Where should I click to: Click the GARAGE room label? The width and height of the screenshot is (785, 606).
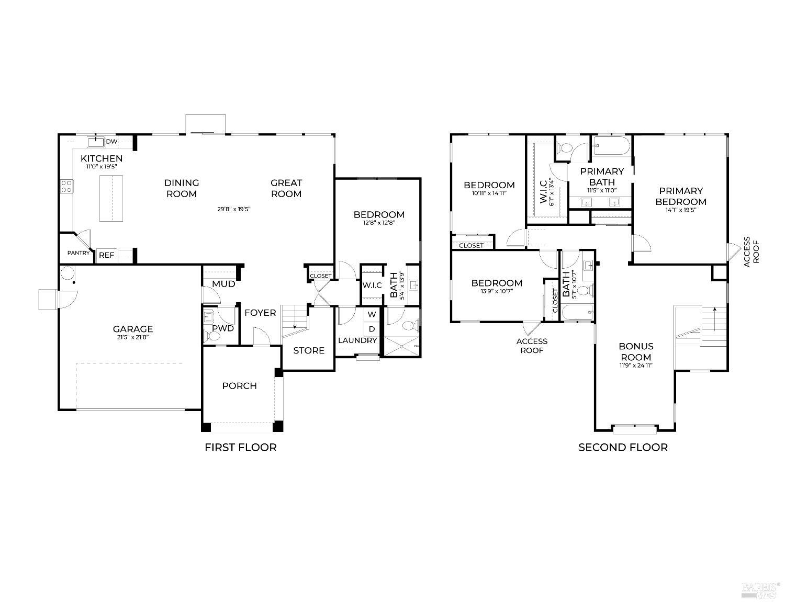[x=133, y=329]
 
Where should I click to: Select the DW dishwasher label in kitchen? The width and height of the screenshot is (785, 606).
[x=111, y=142]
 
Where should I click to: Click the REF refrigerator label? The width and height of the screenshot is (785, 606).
[x=106, y=255]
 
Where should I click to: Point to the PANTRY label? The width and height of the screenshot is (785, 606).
[x=78, y=253]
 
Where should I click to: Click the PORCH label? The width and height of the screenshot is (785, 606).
[x=239, y=386]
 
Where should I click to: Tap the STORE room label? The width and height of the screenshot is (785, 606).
[x=309, y=350]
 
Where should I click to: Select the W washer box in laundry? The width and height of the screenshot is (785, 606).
[x=372, y=314]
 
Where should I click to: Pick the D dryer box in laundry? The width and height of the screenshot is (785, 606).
[x=372, y=329]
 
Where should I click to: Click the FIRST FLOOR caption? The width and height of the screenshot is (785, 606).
[x=240, y=447]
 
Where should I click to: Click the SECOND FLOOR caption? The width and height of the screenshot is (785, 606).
[x=623, y=447]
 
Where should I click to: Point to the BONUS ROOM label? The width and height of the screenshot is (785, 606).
[x=636, y=351]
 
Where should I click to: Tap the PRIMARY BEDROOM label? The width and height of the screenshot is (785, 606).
[x=681, y=196]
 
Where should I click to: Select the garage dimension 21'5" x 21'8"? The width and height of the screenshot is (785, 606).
[x=133, y=338]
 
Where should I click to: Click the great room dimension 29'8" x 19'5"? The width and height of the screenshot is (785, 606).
[x=234, y=209]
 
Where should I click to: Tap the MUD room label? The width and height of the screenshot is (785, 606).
[x=223, y=284]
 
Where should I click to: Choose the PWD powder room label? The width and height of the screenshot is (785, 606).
[x=223, y=328]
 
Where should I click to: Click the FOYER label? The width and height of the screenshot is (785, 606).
[x=260, y=313]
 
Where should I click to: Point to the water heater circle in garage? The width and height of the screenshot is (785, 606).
[x=68, y=273]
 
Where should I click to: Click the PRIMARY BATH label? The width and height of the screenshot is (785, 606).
[x=602, y=176]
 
